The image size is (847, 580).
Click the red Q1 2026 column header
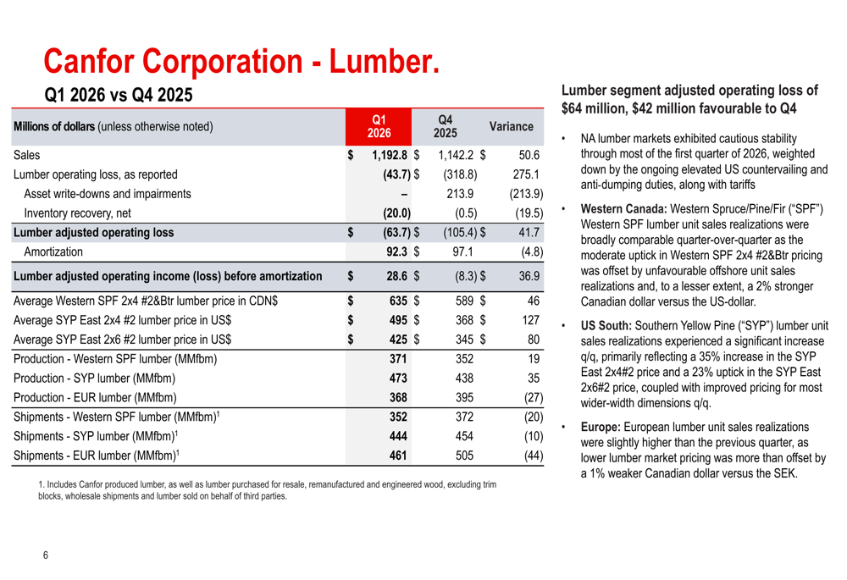coord(379,126)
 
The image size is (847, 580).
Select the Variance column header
coord(511,126)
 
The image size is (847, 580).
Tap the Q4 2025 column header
coord(446,126)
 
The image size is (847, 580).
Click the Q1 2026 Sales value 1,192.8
coord(390,155)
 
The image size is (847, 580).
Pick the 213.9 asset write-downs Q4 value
coord(460,194)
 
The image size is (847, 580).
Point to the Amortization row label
coord(53,251)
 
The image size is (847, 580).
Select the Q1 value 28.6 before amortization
coord(396,276)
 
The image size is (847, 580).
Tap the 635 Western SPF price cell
coord(398,301)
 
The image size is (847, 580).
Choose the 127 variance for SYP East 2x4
coord(530,320)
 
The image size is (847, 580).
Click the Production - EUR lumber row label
coord(95,397)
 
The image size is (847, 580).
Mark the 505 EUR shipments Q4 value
coord(464,456)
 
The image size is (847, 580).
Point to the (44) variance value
coord(534,456)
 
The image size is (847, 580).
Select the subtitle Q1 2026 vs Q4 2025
coord(119,95)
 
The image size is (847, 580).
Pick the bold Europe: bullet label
coord(600,428)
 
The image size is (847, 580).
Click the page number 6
coord(46,555)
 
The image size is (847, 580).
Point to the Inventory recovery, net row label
coord(77,213)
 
